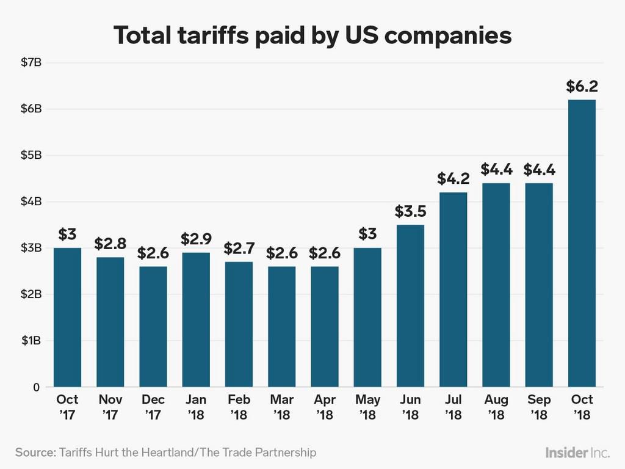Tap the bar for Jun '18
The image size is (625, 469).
[x=410, y=306]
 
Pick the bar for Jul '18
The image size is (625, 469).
[x=453, y=289]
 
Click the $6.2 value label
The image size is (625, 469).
[x=582, y=87]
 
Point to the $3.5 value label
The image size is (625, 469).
[x=410, y=212]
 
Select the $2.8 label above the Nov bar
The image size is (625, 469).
[x=110, y=244]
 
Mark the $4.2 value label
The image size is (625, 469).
[x=453, y=179]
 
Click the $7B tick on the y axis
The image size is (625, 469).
[x=30, y=62]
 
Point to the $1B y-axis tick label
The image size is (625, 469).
[x=30, y=340]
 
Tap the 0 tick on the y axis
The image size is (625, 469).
[x=36, y=387]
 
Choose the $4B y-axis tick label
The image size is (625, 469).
[x=30, y=201]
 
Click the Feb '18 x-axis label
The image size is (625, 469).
[x=239, y=407]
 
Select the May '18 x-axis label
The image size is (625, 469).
[x=367, y=407]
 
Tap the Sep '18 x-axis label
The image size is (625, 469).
[x=539, y=407]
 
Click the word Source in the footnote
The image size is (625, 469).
[x=35, y=453]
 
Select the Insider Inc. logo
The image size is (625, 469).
[x=577, y=453]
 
